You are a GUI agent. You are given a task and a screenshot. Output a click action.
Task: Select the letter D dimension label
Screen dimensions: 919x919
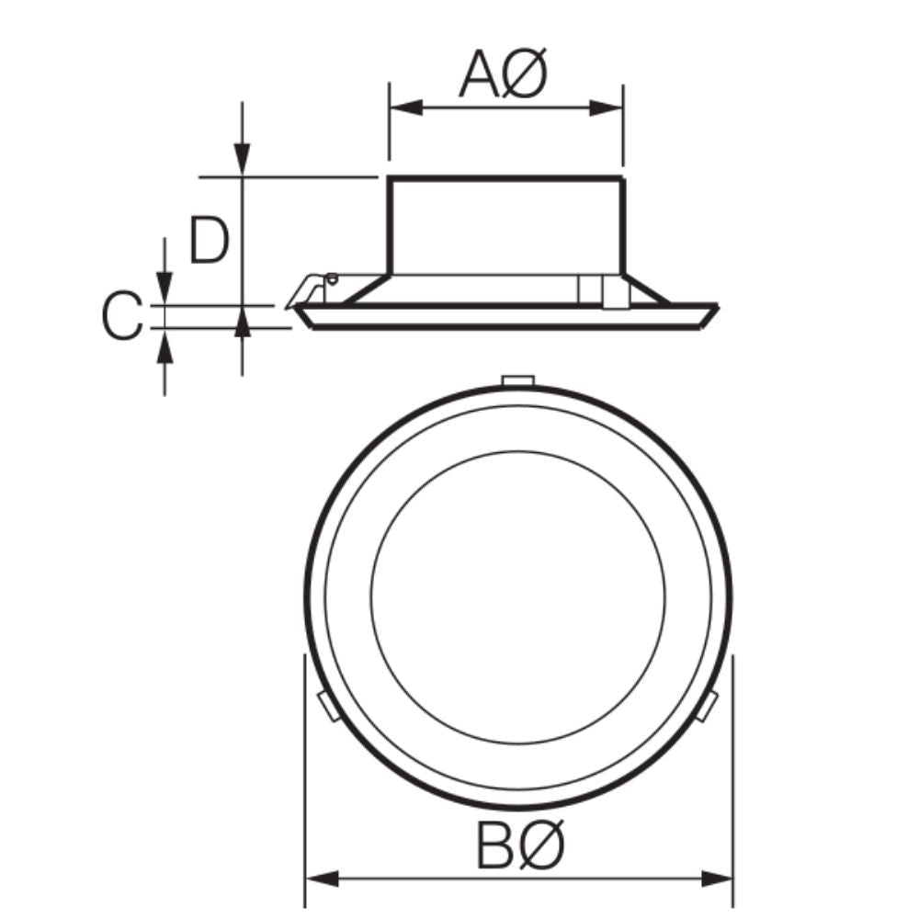coord(209,240)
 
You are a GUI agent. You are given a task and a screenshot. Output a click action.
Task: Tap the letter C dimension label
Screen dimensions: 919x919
coord(122,315)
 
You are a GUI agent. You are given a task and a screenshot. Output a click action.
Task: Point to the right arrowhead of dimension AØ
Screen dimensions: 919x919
coord(606,108)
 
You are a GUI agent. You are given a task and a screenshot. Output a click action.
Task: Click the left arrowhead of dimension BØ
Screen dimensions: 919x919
coord(323,879)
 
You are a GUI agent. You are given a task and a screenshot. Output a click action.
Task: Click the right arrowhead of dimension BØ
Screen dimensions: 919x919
coord(717,879)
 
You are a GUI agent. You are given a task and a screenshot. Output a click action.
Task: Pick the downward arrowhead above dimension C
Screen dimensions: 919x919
coord(165,288)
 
